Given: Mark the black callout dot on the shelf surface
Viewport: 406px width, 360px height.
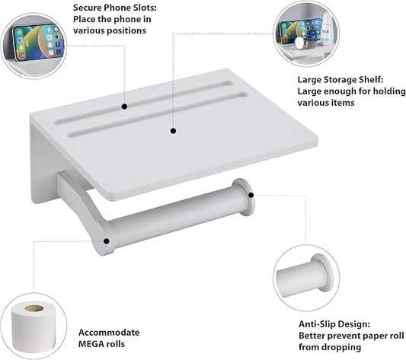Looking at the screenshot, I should point(174,131).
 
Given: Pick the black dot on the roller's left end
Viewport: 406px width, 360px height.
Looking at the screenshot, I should point(107,242).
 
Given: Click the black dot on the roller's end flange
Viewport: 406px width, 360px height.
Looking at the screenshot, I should point(250,196).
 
